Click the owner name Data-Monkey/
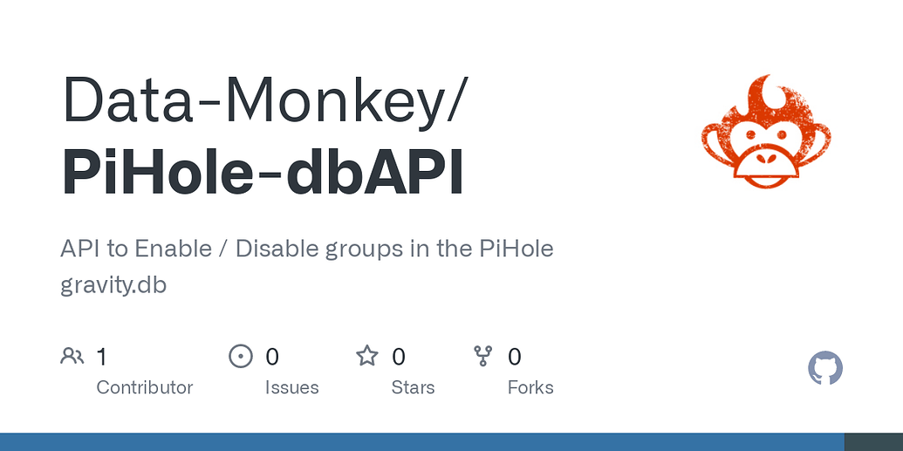[265, 100]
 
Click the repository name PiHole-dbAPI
[263, 173]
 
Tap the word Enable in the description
[173, 249]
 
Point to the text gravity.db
[113, 284]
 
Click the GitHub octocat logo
[825, 369]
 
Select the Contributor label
[144, 387]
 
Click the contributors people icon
[72, 356]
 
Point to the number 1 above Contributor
[102, 357]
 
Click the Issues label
[291, 387]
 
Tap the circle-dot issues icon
[240, 356]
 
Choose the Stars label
[413, 387]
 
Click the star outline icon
[367, 356]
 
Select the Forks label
[530, 387]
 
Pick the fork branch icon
[483, 356]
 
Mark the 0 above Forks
[515, 357]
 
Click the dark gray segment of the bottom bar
[873, 442]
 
